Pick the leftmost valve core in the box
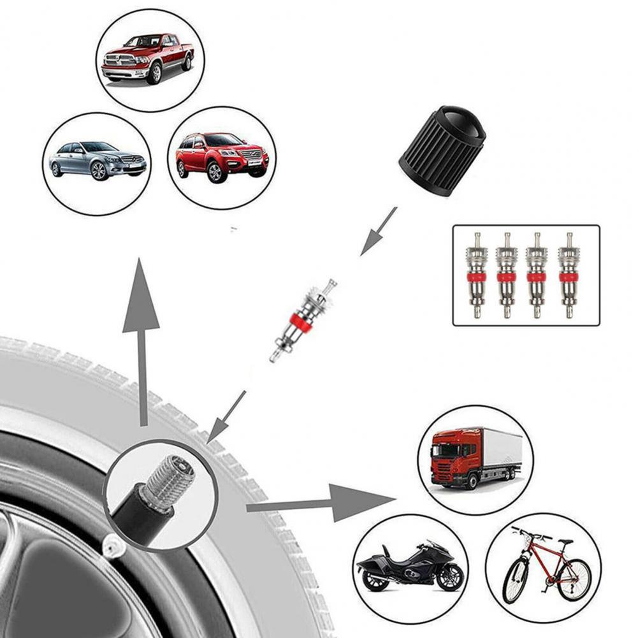(x=475, y=275)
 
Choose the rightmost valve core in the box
(x=567, y=275)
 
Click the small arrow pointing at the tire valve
(x=226, y=417)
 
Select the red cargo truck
(x=475, y=458)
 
